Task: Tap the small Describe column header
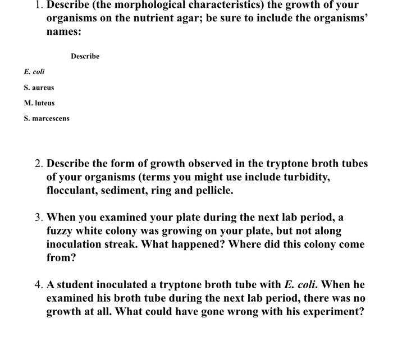tap(85, 56)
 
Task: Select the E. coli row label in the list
tap(34, 72)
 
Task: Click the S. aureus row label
tap(39, 87)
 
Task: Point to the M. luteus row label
tap(39, 103)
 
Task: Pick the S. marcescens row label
tap(47, 119)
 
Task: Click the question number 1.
tap(38, 5)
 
